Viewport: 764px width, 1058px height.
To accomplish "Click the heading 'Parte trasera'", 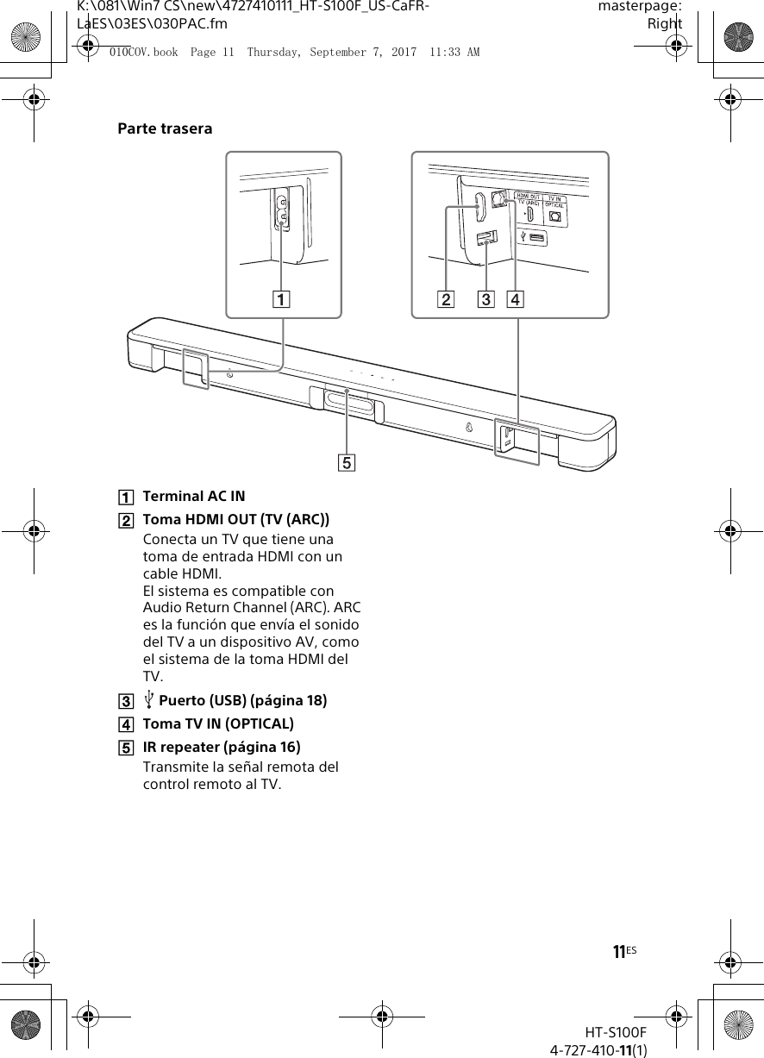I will click(x=165, y=129).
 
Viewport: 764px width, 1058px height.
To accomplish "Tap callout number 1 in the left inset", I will click(x=282, y=300).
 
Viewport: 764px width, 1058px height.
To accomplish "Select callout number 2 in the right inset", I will click(x=446, y=300).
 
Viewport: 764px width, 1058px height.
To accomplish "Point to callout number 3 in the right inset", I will click(x=486, y=300).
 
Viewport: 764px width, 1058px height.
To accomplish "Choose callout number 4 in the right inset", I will click(x=515, y=300).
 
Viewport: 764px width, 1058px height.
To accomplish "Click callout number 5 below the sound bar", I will click(x=346, y=463).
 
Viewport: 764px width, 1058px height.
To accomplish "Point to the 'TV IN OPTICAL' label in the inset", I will click(x=554, y=200).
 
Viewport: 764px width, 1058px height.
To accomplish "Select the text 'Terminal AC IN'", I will click(x=193, y=497).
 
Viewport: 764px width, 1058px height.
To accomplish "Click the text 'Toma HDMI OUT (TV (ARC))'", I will click(x=235, y=519).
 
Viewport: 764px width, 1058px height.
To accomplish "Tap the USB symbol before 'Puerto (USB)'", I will click(x=149, y=700).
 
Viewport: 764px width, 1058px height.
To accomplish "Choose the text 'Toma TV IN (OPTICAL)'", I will click(x=217, y=723).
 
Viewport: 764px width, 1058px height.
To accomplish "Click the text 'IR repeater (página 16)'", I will click(x=221, y=747).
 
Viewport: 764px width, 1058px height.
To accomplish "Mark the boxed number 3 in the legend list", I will click(x=126, y=701).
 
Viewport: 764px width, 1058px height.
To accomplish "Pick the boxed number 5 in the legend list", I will click(x=126, y=748).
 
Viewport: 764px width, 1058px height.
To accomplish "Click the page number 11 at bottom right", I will click(x=618, y=952).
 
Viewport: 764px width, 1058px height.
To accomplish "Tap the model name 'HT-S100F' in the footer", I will click(x=616, y=1032).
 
